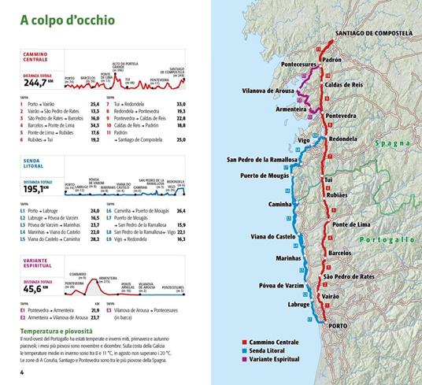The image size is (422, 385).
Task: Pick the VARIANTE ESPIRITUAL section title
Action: click(37, 264)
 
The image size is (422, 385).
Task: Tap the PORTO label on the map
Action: click(338, 324)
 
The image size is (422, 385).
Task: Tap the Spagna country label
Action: click(392, 143)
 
